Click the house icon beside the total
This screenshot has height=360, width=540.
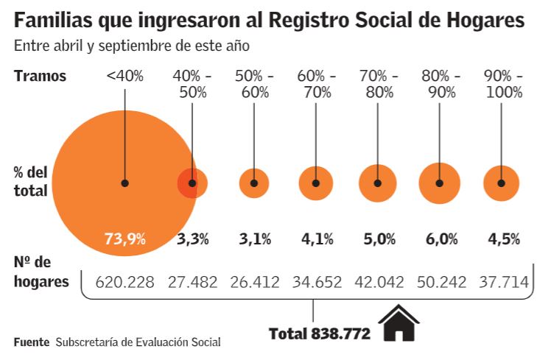point(398,323)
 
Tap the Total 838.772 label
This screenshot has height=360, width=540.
point(319,333)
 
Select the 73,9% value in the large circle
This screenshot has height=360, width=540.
point(125,239)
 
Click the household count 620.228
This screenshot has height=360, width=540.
point(125,281)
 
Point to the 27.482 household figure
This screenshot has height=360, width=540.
point(192,281)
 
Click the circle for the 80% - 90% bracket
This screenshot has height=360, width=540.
point(440,183)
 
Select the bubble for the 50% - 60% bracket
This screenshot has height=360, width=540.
point(254,183)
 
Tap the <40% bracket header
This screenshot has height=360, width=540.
point(125,76)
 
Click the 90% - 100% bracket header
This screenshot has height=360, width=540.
point(502,84)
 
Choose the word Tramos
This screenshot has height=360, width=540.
point(40,76)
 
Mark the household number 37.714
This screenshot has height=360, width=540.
point(502,281)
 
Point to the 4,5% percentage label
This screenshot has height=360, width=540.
point(504,239)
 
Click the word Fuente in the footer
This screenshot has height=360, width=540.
point(32,342)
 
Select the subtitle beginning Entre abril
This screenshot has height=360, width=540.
point(131,46)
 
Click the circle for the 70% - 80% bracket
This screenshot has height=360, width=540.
point(378,183)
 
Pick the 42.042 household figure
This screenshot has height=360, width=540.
point(378,281)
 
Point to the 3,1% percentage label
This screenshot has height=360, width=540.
point(255,239)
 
